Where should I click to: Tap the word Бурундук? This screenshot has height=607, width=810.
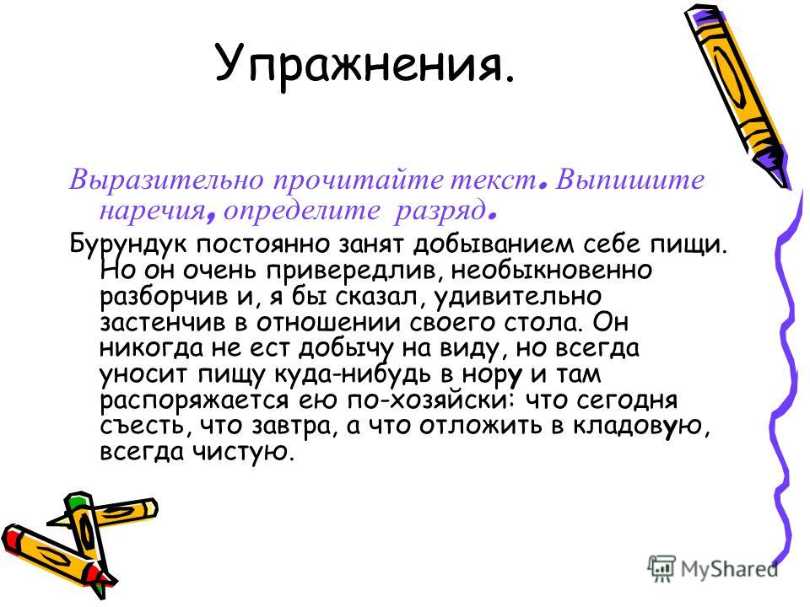point(128,244)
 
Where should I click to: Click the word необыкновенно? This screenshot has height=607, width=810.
point(552,270)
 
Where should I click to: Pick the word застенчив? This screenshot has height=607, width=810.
point(163,322)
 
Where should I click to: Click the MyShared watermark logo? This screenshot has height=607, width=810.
point(713,569)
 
